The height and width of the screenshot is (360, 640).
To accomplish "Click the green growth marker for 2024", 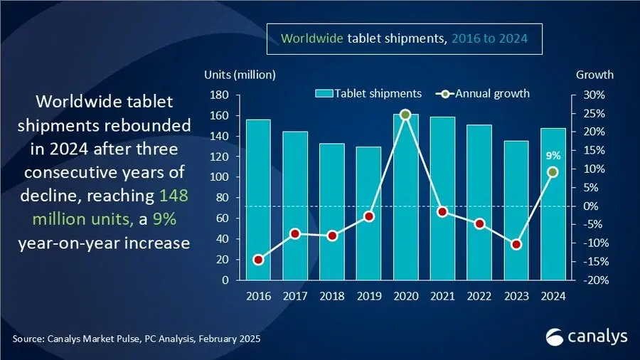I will click(553, 171).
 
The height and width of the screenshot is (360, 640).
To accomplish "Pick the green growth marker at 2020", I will click(405, 115).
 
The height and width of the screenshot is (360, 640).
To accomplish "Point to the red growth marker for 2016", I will click(257, 260).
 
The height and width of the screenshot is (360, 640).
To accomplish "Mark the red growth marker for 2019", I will click(368, 216).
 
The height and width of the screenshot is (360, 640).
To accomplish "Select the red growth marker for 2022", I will click(479, 223).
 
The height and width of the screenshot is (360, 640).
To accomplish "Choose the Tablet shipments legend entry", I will click(368, 93).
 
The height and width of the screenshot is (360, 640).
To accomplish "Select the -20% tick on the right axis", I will click(596, 280).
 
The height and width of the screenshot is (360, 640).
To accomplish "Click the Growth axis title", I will click(594, 75).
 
